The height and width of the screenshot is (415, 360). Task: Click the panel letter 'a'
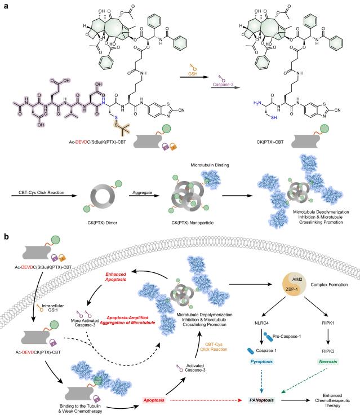6,6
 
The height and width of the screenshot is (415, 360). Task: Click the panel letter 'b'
6,236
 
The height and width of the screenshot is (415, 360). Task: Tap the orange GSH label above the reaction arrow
193,74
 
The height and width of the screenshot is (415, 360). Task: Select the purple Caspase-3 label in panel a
223,85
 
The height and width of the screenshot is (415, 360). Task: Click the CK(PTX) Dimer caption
103,223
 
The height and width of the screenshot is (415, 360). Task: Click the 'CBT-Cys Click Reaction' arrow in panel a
44,196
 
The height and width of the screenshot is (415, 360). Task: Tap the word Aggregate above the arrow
143,192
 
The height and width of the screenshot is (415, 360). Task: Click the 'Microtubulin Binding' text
210,165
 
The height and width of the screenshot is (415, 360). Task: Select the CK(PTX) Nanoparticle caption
192,223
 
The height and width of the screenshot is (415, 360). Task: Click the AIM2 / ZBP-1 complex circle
295,285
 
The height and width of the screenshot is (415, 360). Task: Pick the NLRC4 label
261,323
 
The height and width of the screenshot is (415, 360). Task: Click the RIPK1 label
328,323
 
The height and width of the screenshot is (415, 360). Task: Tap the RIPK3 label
328,351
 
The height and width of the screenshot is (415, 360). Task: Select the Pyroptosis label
261,361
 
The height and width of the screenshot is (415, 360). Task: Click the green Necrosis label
328,361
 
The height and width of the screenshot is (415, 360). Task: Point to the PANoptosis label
261,400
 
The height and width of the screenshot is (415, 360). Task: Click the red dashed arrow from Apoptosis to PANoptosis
206,400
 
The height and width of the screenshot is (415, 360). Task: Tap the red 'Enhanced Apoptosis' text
115,277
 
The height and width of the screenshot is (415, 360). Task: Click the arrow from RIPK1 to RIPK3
328,337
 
